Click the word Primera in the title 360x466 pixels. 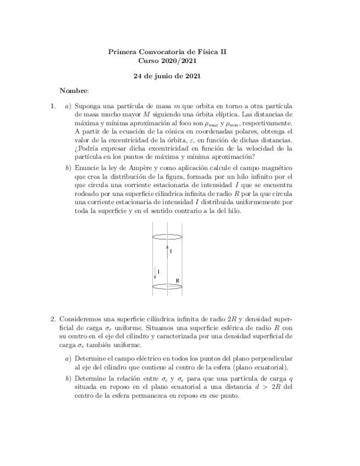121,52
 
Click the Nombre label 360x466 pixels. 74,91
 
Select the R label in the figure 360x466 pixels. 177,281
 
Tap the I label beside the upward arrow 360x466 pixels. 171,251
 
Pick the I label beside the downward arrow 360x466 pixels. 158,271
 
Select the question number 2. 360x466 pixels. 53,319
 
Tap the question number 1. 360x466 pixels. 53,106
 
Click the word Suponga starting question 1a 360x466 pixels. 88,106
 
